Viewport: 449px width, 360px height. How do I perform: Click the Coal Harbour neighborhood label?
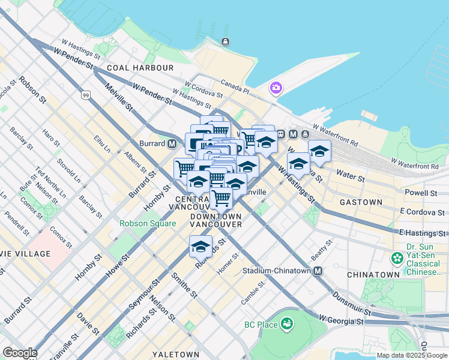pos(140,68)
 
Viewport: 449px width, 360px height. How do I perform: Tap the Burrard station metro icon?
pos(172,144)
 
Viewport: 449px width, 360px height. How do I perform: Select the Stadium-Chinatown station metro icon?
pos(318,271)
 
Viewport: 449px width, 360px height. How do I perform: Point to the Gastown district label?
pos(361,202)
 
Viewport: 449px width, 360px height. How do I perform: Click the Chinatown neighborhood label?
pos(373,274)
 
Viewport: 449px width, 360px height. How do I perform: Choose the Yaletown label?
pos(175,355)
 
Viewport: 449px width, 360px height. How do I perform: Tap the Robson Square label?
pos(148,223)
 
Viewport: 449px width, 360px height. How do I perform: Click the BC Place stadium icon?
pos(287,325)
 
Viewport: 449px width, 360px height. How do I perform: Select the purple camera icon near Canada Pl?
pos(276,88)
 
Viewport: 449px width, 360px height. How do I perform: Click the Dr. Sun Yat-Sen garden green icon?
pos(397,259)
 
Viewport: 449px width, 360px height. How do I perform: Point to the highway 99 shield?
pos(86,95)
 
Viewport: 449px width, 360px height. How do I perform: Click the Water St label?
pos(351,179)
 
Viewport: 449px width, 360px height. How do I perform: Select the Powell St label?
pos(421,193)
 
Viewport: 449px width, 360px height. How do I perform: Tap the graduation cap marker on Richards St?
pos(201,245)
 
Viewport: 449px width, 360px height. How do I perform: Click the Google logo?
pos(19,353)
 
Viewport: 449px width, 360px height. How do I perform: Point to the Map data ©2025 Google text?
pos(412,355)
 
